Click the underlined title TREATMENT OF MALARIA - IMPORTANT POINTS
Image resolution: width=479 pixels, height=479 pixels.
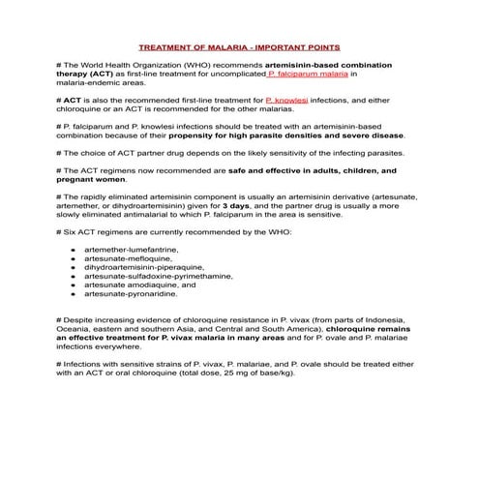(x=239, y=45)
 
